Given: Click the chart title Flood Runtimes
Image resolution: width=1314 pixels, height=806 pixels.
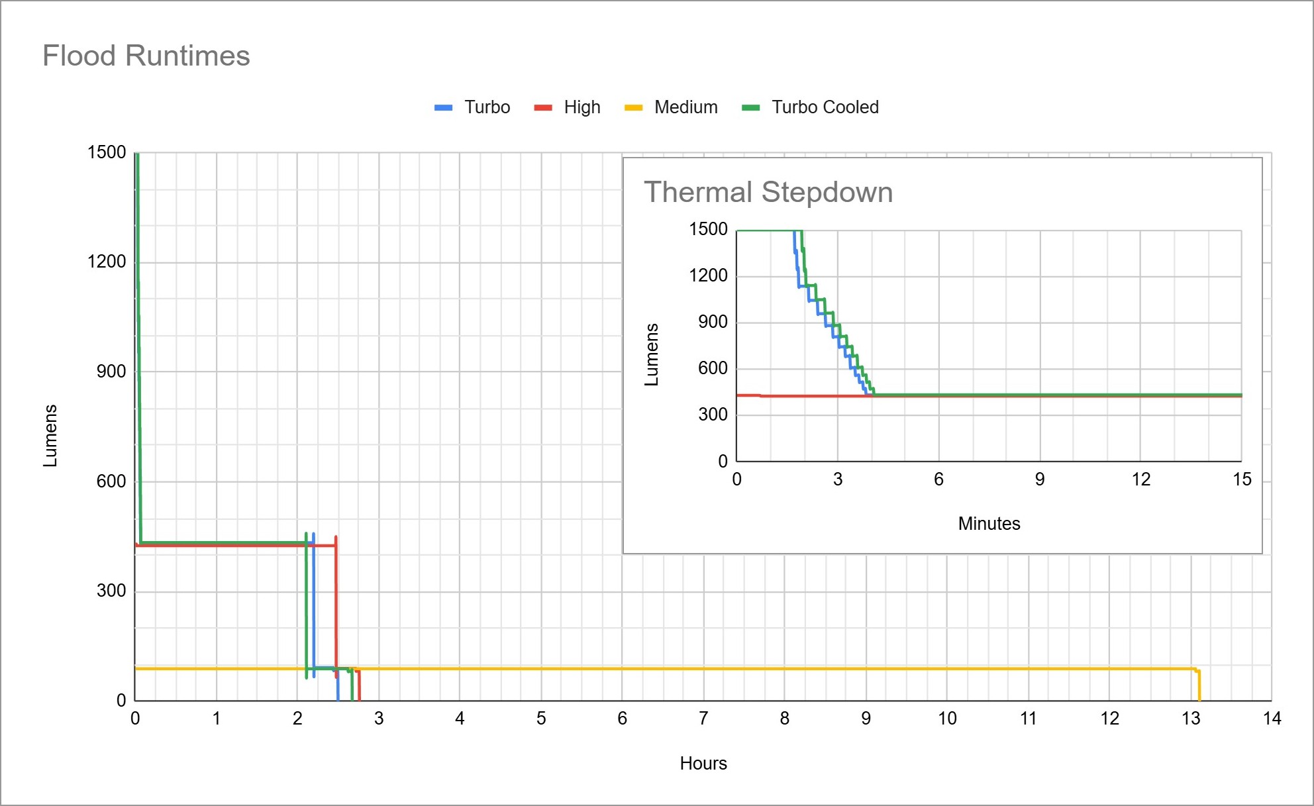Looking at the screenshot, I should (146, 56).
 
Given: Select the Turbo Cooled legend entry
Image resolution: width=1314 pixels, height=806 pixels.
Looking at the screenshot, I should (825, 107).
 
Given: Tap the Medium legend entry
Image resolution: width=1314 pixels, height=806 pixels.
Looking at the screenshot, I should (685, 107).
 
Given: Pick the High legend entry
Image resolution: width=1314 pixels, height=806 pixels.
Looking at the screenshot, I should (581, 107).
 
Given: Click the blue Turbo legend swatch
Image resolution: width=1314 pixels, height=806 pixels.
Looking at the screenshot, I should (443, 107).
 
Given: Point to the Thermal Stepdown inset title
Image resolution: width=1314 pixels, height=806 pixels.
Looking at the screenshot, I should (768, 192).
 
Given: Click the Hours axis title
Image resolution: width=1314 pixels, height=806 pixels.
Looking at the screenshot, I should (703, 764).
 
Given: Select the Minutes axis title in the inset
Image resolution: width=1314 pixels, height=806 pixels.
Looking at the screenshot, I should (989, 524).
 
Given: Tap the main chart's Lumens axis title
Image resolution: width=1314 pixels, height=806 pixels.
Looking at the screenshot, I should (50, 435).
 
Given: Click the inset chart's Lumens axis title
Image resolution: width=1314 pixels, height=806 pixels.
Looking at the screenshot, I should (652, 354).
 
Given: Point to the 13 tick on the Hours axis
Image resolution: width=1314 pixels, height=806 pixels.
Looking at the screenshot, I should (1191, 719).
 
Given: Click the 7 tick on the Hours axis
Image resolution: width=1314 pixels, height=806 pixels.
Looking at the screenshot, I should (703, 719).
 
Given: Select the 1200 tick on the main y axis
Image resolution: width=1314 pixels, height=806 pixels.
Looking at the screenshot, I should (107, 262).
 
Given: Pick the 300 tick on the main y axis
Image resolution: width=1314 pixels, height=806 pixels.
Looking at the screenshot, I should (111, 591).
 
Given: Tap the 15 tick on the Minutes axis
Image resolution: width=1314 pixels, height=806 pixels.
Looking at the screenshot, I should (1242, 479).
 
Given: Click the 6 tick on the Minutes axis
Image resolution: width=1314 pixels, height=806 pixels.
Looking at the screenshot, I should (938, 479).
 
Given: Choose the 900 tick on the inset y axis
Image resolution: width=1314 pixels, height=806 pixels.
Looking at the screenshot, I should (713, 322).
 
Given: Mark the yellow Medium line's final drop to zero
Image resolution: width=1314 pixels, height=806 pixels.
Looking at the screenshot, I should (1199, 686).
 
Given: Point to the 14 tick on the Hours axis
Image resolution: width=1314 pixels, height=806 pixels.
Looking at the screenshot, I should (1272, 719).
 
